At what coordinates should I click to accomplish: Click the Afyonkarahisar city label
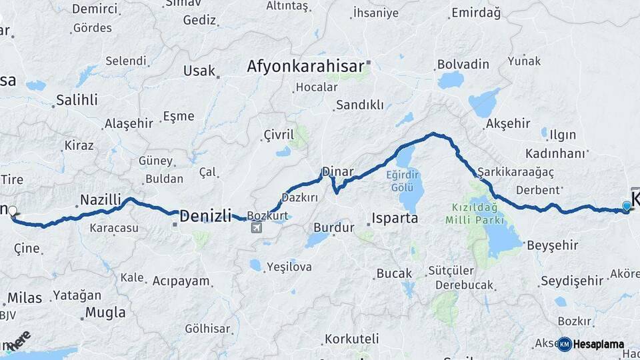[x=306, y=66]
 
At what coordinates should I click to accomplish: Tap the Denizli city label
[x=205, y=215]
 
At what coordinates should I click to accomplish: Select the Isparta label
[x=395, y=218]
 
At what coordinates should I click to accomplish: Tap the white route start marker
[x=12, y=211]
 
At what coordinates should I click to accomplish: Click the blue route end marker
[x=626, y=206]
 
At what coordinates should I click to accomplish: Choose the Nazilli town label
[x=101, y=199]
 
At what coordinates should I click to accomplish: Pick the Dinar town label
[x=337, y=172]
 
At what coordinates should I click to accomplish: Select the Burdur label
[x=333, y=227]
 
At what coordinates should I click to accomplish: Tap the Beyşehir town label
[x=552, y=245]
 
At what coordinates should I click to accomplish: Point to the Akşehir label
[x=508, y=123]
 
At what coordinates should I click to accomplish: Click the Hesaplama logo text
[x=598, y=344]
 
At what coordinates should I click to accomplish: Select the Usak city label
[x=200, y=71]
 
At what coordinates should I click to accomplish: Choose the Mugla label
[x=105, y=312]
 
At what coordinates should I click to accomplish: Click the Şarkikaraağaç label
[x=506, y=171]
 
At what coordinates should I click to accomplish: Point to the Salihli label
[x=77, y=100]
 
